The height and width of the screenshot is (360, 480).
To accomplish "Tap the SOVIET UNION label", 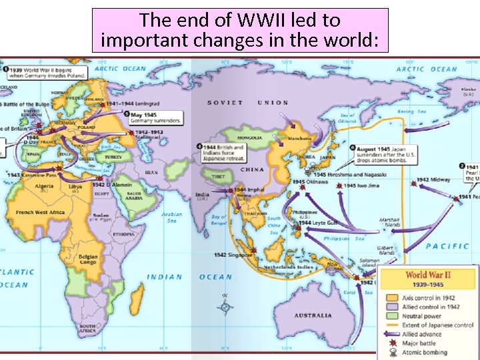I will pos(248,103).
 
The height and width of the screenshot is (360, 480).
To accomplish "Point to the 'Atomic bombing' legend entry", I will pos(425,353).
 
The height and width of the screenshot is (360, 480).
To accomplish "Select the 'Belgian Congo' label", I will pos(88,259).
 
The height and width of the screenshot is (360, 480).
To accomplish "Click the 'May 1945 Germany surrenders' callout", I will pos(154,117).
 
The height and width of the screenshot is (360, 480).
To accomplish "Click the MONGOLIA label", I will pos(250,139).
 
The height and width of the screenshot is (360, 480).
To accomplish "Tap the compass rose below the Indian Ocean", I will pos(226,307).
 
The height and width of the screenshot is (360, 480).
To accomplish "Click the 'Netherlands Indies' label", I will pos(287,267).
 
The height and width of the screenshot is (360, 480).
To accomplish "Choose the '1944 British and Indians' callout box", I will pos(223,154).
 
